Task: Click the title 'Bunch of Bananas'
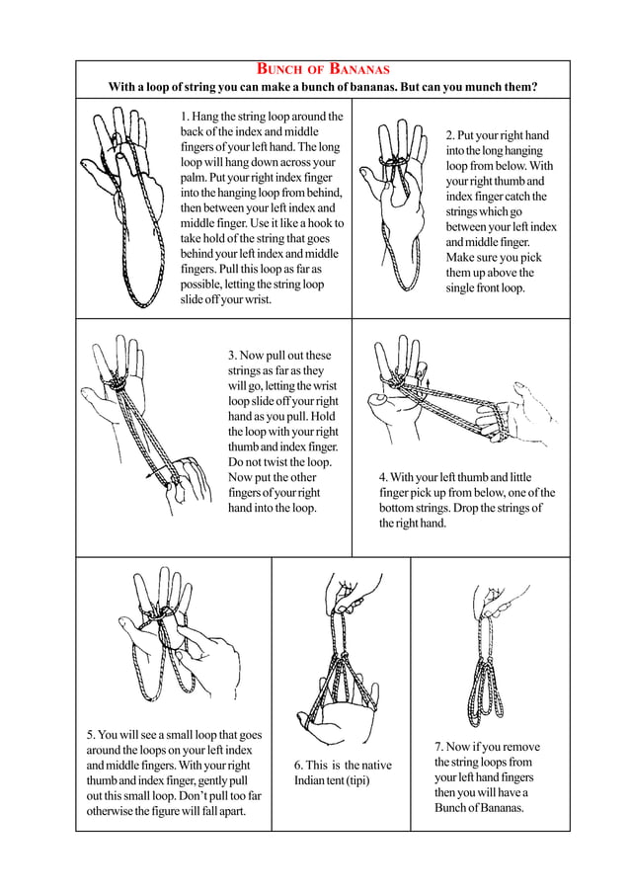323,69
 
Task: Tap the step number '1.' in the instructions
186,117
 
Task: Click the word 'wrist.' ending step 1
252,299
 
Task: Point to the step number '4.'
383,477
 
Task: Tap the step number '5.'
90,735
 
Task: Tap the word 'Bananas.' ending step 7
499,808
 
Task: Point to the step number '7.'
439,748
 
